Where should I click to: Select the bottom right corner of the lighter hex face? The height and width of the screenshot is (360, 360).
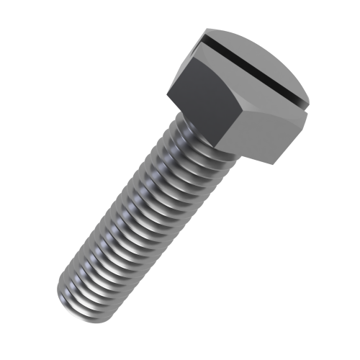point(274,163)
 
